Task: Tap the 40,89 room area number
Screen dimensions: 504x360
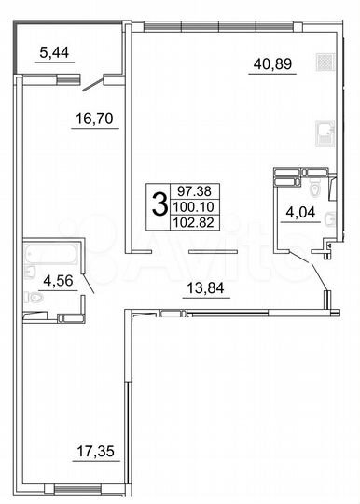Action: [x=270, y=63]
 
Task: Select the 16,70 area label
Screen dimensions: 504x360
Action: [x=92, y=119]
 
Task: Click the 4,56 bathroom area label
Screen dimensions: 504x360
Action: [x=47, y=277]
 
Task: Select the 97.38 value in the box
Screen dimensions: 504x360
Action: [x=190, y=189]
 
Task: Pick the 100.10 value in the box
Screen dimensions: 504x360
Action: [x=190, y=204]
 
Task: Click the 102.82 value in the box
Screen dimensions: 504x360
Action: [x=190, y=220]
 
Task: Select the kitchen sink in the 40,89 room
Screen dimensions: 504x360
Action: [x=324, y=132]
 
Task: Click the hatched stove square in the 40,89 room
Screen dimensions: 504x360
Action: [x=323, y=63]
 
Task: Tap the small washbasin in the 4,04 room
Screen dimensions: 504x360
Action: [x=323, y=245]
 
